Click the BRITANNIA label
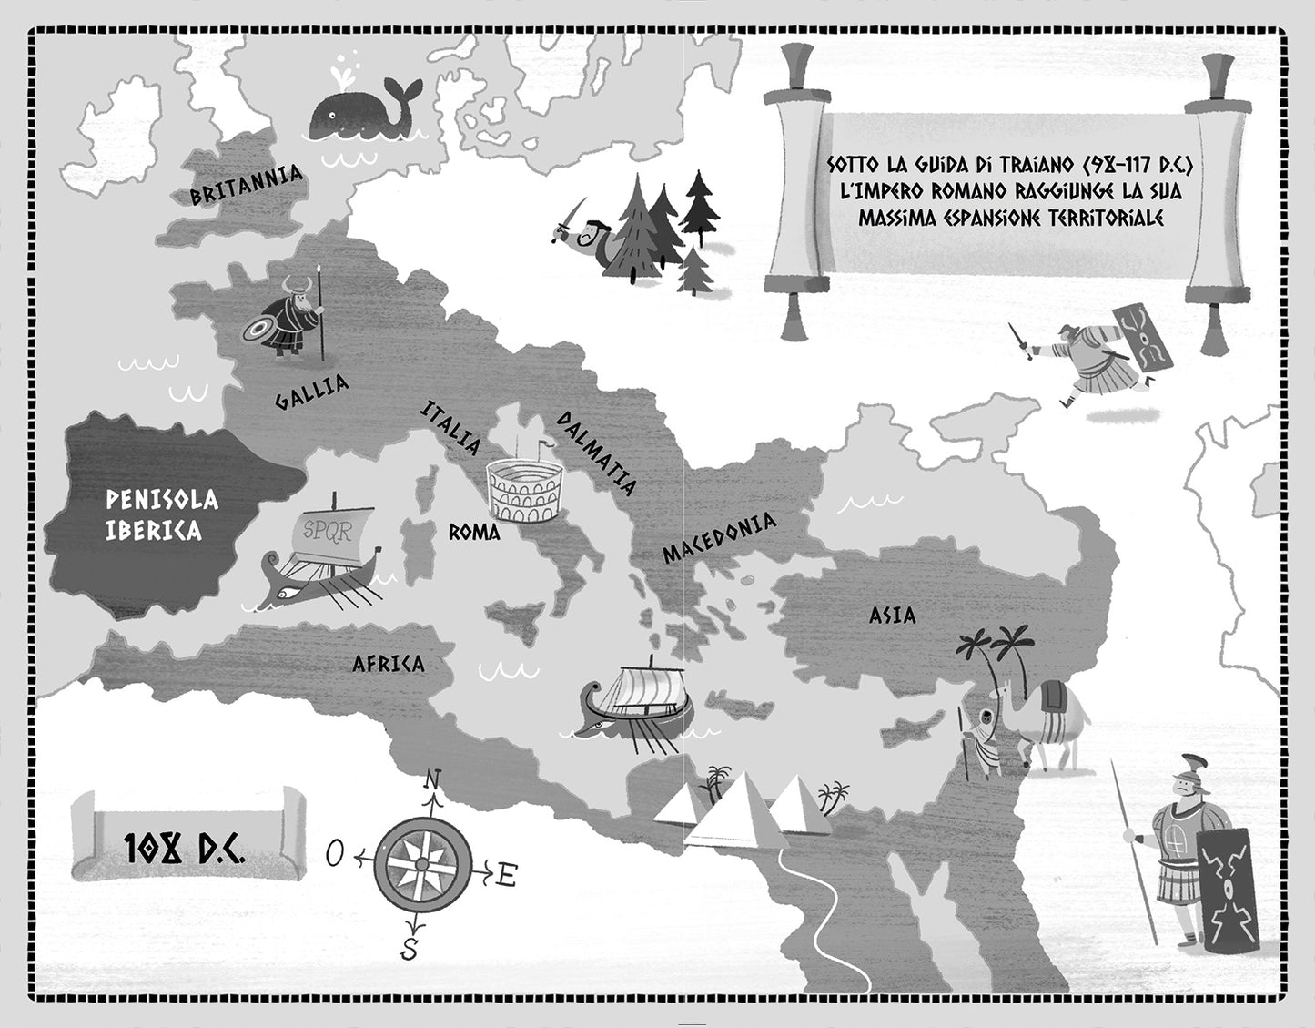pyautogui.click(x=246, y=186)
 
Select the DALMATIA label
pyautogui.click(x=596, y=453)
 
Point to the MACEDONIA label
pyautogui.click(x=719, y=537)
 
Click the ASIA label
pyautogui.click(x=892, y=616)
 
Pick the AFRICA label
pyautogui.click(x=389, y=663)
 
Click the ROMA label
pyautogui.click(x=473, y=532)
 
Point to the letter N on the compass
pyautogui.click(x=433, y=779)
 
